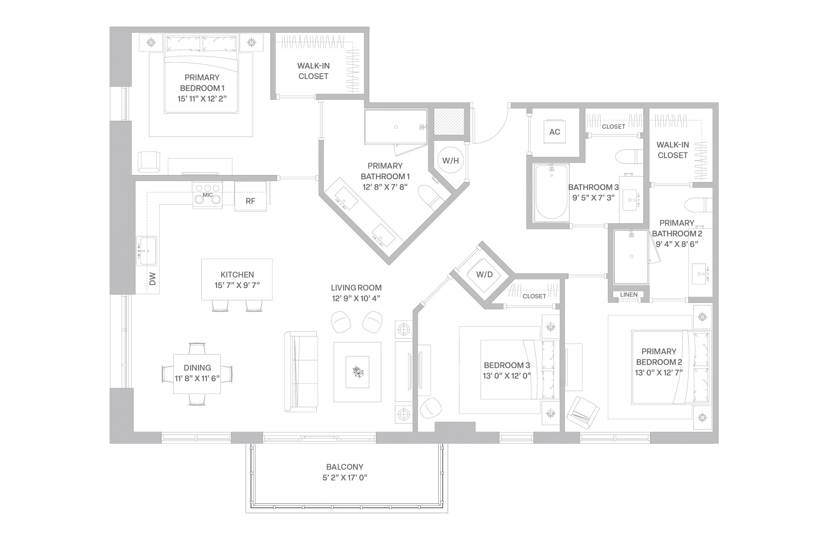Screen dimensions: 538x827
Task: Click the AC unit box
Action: [x=555, y=132]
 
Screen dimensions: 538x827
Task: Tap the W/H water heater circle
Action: [x=450, y=161]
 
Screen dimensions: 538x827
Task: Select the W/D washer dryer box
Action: [x=484, y=275]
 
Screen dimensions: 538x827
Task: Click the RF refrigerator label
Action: [x=250, y=201]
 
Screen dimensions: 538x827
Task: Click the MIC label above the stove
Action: [x=208, y=195]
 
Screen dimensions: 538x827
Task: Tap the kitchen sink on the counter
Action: [x=147, y=251]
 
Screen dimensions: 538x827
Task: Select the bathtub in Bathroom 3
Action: [x=552, y=192]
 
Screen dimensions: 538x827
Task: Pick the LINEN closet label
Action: [x=629, y=295]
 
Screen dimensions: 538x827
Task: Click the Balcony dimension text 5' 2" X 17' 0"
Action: [x=345, y=478]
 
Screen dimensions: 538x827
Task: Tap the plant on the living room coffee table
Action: [x=357, y=372]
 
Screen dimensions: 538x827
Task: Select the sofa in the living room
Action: [x=301, y=371]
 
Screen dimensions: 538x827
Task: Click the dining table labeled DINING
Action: [x=197, y=373]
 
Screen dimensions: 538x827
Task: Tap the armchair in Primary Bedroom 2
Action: [x=583, y=412]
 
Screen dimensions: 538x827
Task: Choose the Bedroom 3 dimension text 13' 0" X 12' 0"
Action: [x=507, y=376]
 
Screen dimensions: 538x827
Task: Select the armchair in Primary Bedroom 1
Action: [x=149, y=161]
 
